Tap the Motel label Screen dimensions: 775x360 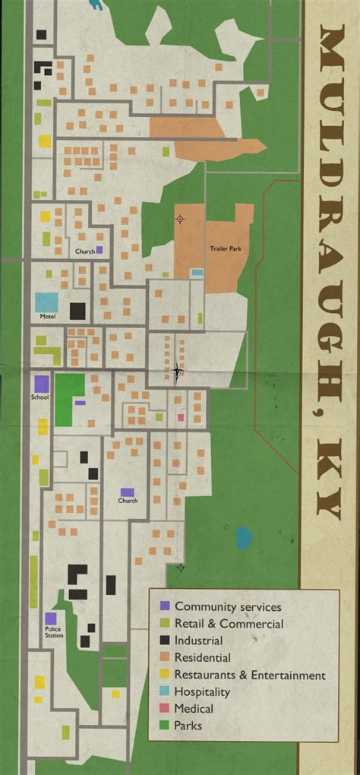48,315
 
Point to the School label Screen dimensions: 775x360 39,397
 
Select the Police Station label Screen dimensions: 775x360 53,632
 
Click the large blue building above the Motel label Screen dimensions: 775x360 46,302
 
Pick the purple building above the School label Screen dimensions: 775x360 41,384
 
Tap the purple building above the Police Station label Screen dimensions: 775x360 51,619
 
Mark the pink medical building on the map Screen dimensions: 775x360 181,417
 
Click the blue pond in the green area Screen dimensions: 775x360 243,538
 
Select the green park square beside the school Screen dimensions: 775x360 70,390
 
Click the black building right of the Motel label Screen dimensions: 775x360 77,311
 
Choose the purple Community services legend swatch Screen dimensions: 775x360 164,606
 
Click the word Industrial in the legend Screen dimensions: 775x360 198,641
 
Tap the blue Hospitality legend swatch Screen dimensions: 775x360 164,691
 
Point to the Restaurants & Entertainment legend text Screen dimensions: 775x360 250,675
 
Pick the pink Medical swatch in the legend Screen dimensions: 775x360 164,709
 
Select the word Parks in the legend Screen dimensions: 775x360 188,726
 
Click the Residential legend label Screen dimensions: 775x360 202,658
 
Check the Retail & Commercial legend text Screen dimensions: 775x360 229,624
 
